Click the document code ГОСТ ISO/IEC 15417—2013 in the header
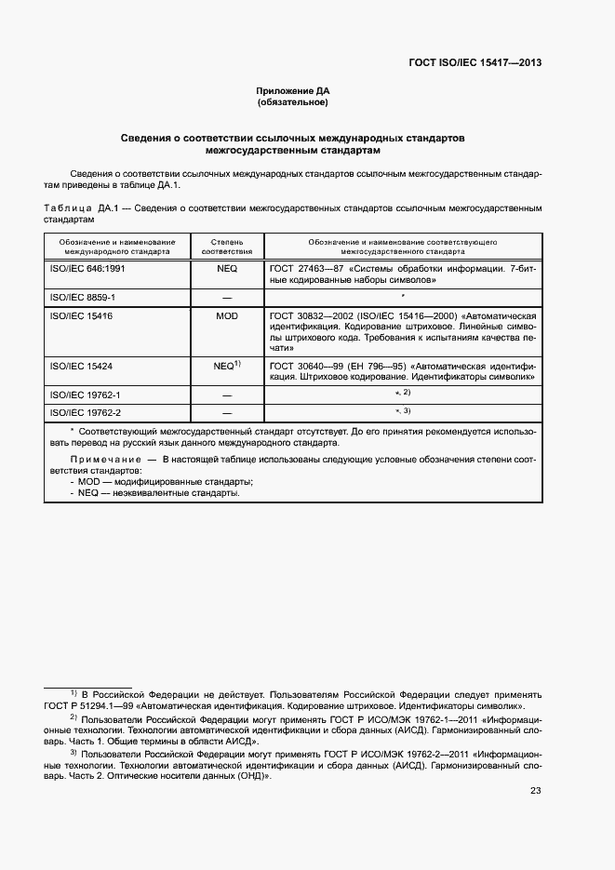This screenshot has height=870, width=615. click(x=475, y=63)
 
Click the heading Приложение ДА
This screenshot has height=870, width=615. click(x=293, y=91)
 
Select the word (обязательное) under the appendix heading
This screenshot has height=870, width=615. click(x=293, y=102)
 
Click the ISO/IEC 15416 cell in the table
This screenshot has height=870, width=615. click(x=79, y=316)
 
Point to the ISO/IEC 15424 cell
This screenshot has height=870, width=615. click(x=79, y=366)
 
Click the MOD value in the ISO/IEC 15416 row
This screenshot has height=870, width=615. click(x=227, y=316)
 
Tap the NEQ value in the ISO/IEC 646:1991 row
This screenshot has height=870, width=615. click(x=227, y=268)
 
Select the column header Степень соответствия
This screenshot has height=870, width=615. click(x=227, y=247)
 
